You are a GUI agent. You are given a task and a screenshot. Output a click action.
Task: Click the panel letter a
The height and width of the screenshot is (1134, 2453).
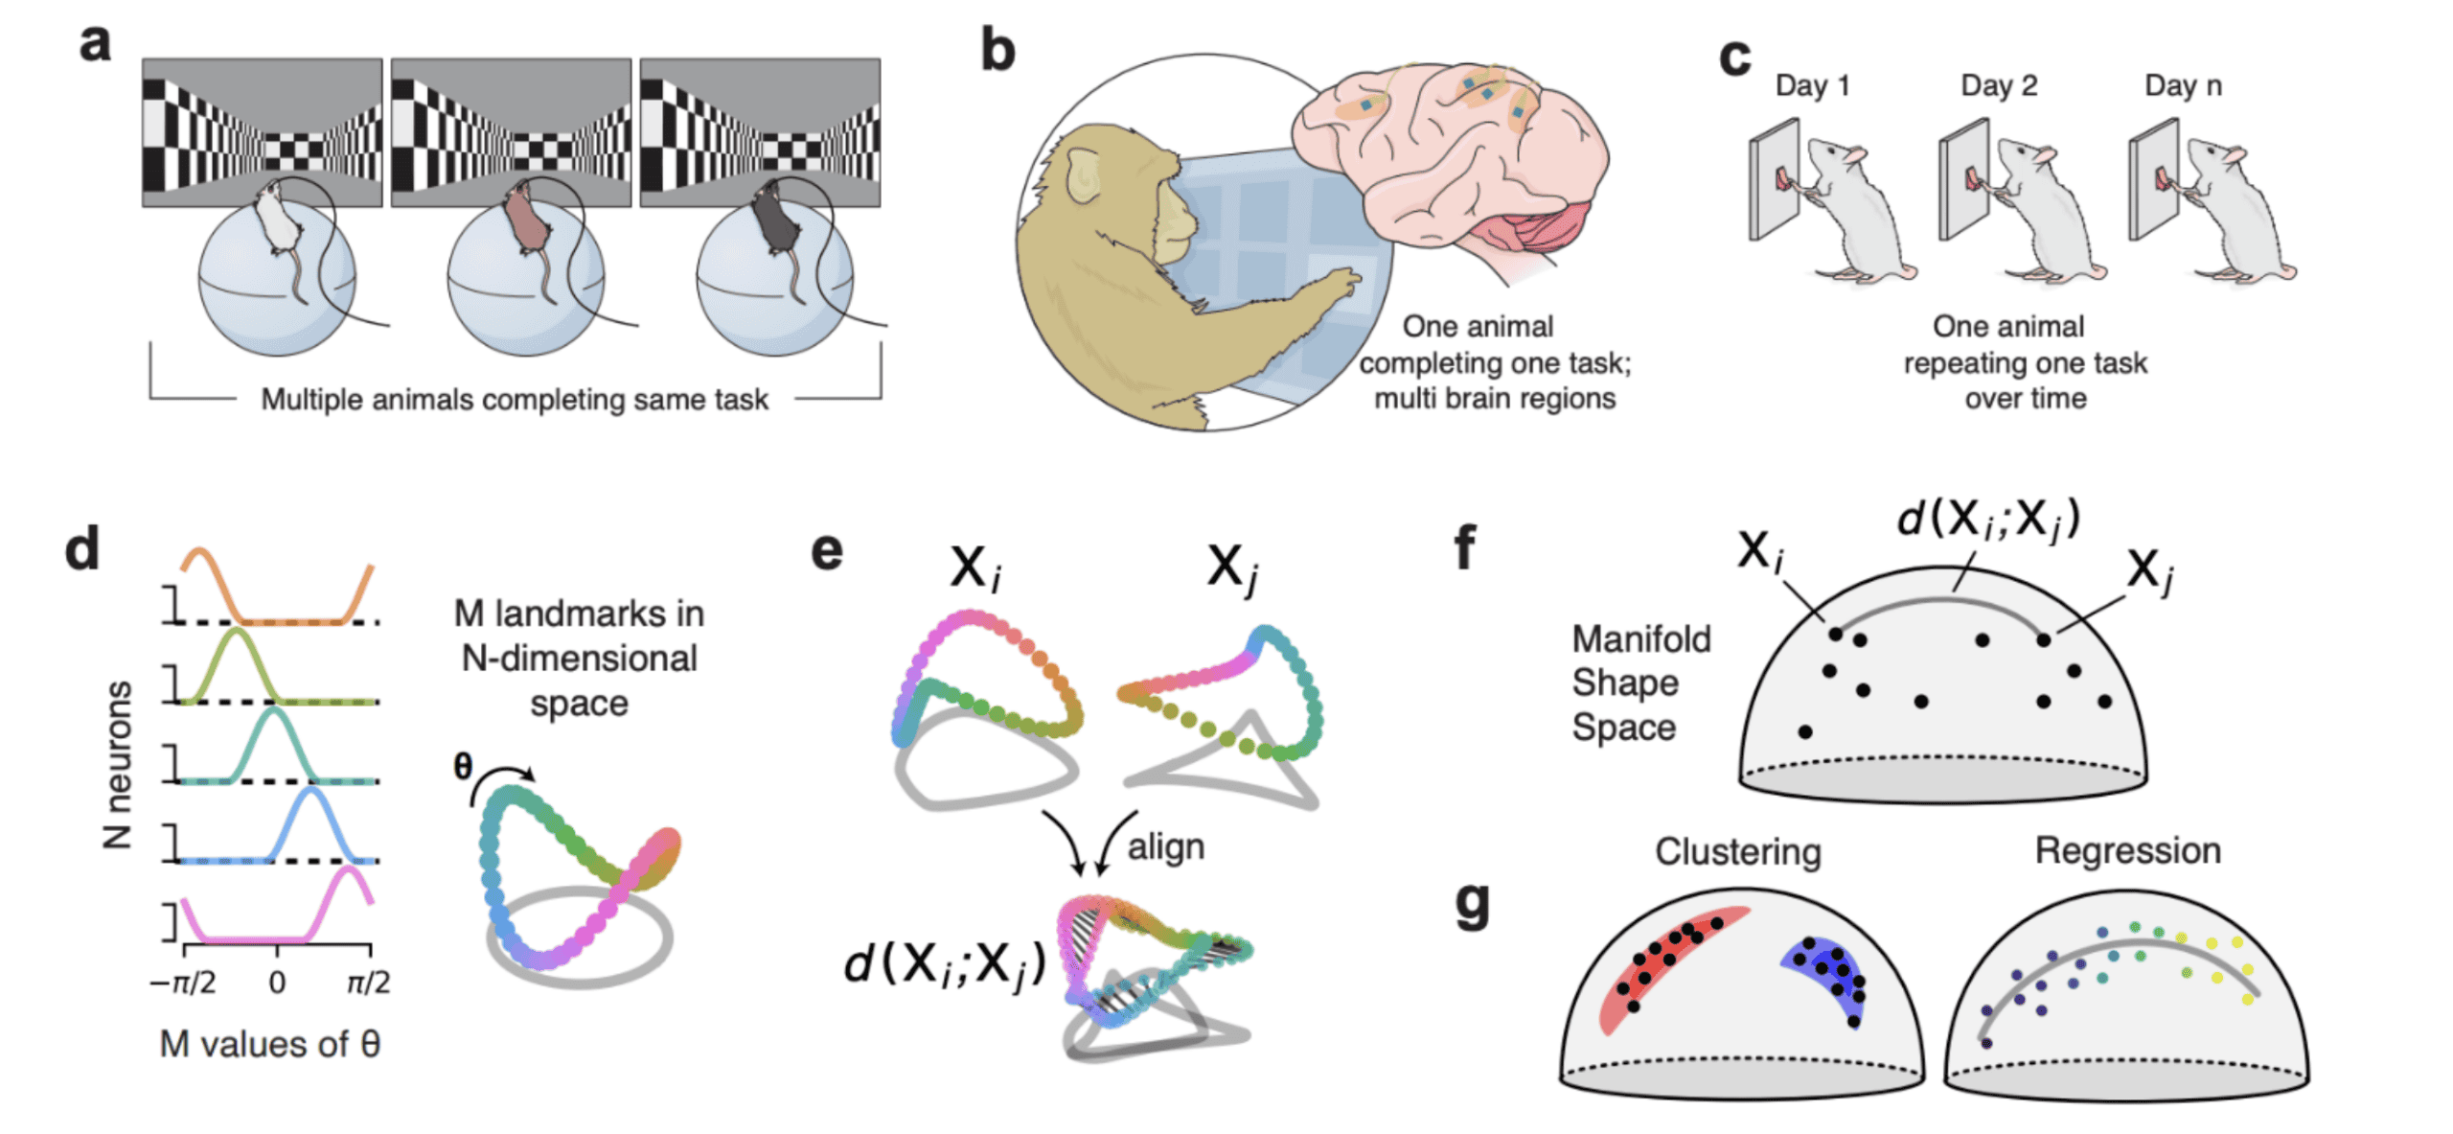click(95, 42)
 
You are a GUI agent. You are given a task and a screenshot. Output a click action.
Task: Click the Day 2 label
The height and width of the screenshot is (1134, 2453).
click(1999, 85)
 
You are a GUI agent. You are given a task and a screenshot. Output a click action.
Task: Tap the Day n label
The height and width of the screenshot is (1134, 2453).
click(2183, 85)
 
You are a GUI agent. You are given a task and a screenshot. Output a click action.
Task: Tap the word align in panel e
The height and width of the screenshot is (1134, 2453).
click(1165, 847)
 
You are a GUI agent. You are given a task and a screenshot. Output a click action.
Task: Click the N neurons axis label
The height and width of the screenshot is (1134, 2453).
click(118, 765)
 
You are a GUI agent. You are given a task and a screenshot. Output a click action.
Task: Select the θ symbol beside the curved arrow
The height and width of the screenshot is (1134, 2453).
click(463, 766)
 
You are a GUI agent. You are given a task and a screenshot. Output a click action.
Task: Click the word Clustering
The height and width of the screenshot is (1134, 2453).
click(1737, 852)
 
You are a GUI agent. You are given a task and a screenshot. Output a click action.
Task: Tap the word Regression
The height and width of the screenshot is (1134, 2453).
click(2127, 851)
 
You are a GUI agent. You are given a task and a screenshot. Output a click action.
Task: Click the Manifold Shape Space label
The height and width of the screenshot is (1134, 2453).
click(1640, 683)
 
